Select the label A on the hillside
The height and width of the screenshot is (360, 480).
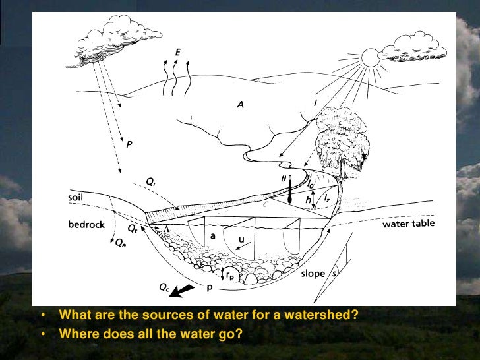[240, 104]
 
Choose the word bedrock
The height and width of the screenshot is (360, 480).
[86, 225]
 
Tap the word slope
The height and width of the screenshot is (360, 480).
[313, 274]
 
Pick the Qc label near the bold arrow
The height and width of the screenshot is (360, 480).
[164, 287]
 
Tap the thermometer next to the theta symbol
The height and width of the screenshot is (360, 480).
[289, 189]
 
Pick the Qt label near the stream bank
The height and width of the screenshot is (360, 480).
[133, 228]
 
